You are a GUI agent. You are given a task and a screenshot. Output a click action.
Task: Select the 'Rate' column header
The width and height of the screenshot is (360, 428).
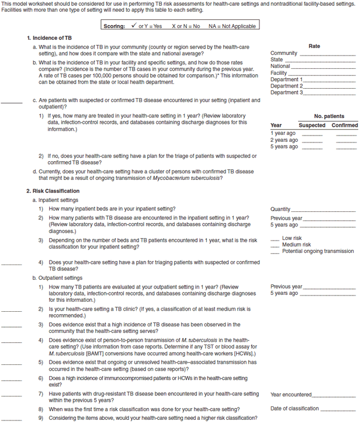tap(314, 46)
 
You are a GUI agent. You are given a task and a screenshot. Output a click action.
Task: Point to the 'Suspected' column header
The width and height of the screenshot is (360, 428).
tap(312, 126)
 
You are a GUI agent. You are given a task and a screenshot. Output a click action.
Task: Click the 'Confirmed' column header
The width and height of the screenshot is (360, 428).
tap(344, 126)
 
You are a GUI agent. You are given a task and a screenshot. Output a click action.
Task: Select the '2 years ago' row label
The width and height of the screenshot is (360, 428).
tap(283, 140)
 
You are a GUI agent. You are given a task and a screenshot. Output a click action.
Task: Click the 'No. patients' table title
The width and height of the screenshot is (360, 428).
tap(329, 116)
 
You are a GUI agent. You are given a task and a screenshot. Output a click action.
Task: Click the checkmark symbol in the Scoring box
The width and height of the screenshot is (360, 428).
tap(134, 26)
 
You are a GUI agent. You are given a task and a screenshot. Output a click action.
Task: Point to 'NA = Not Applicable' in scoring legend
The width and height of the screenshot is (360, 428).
tap(232, 26)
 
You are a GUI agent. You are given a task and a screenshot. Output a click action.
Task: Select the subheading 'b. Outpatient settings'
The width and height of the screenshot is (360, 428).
tap(57, 278)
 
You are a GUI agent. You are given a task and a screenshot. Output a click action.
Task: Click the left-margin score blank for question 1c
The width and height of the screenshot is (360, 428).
tap(11, 103)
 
